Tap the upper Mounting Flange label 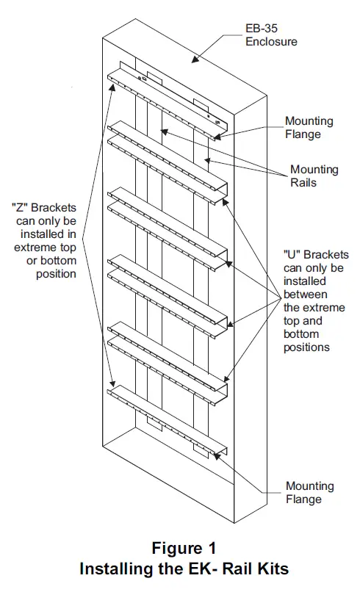click(x=309, y=127)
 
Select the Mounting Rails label click(x=314, y=176)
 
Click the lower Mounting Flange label click(x=309, y=492)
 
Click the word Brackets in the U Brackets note click(x=325, y=255)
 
